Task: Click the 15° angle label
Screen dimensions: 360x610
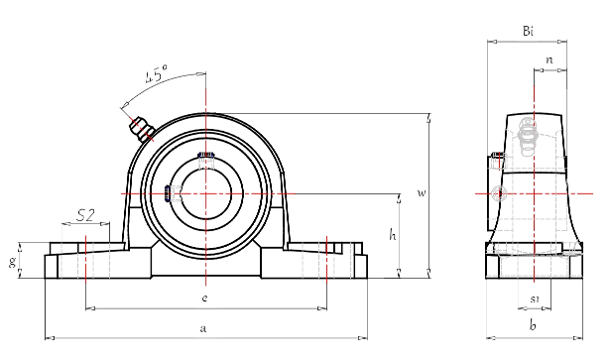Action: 156,75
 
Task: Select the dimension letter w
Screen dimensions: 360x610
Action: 421,192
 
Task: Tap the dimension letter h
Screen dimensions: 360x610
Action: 393,236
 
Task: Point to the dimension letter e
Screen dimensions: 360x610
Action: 204,298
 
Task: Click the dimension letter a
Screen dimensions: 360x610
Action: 203,327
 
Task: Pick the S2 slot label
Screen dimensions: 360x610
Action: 85,215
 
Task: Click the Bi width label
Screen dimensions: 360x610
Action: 529,32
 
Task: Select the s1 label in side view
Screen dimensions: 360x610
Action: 534,298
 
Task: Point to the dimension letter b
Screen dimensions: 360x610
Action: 533,325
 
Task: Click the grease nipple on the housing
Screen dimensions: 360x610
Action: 137,125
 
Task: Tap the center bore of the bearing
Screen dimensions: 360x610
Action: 205,191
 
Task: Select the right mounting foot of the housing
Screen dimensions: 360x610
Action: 327,262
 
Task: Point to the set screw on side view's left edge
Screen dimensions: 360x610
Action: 493,156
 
